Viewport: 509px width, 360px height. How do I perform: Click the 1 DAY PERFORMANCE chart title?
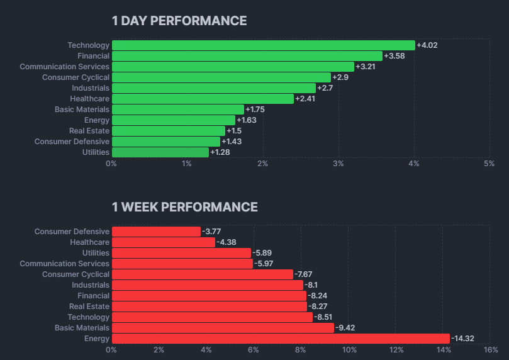pyautogui.click(x=179, y=21)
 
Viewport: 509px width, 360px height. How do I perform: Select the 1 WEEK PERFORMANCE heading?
pyautogui.click(x=184, y=207)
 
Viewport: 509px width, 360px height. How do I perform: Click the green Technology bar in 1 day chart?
pyautogui.click(x=263, y=45)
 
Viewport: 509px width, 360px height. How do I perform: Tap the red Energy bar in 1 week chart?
pyautogui.click(x=281, y=339)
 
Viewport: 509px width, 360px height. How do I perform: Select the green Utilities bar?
pyautogui.click(x=160, y=152)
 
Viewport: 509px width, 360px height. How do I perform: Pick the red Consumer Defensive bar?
pyautogui.click(x=156, y=232)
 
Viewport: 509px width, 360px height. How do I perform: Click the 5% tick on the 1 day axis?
pyautogui.click(x=489, y=164)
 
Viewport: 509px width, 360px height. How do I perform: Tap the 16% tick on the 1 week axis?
pyautogui.click(x=491, y=350)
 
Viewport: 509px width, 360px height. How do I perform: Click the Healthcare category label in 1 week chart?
pyautogui.click(x=89, y=242)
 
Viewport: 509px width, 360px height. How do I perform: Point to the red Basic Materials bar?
pyautogui.click(x=223, y=328)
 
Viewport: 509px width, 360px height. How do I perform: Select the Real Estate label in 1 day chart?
pyautogui.click(x=89, y=131)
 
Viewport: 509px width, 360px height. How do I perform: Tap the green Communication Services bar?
pyautogui.click(x=233, y=67)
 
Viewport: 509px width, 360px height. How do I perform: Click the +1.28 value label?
pyautogui.click(x=220, y=152)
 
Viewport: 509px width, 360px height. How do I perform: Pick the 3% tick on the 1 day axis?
pyautogui.click(x=338, y=164)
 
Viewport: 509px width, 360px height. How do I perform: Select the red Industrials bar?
pyautogui.click(x=207, y=285)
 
